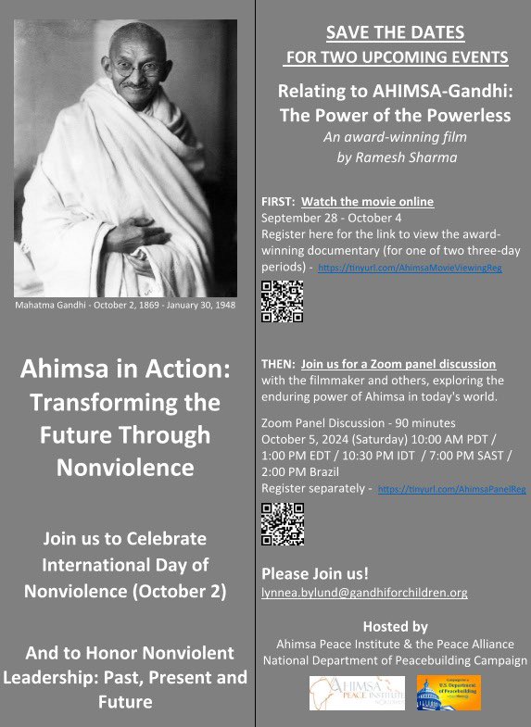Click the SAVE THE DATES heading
(395, 34)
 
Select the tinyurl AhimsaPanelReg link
(452, 489)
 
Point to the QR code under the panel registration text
(283, 523)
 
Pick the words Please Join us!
(309, 571)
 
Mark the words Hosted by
(395, 625)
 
